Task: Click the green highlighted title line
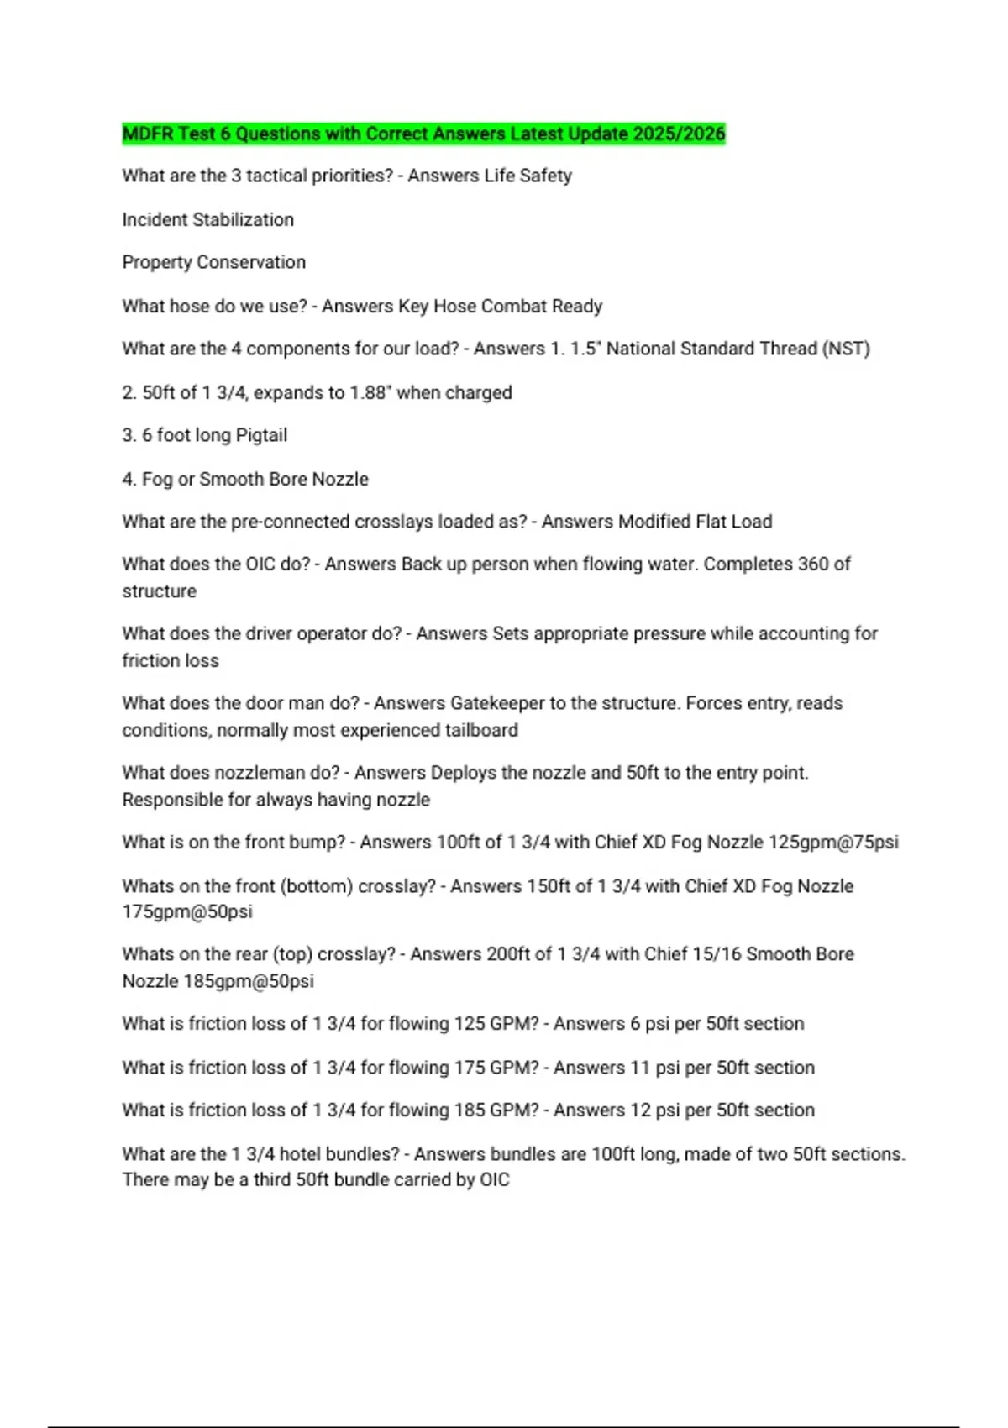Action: pyautogui.click(x=423, y=134)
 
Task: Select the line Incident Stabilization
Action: pyautogui.click(x=207, y=219)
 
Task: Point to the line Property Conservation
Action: pyautogui.click(x=213, y=262)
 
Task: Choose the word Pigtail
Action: pyautogui.click(x=260, y=435)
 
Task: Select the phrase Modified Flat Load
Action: pyautogui.click(x=695, y=522)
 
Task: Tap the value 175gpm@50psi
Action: pyautogui.click(x=186, y=911)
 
